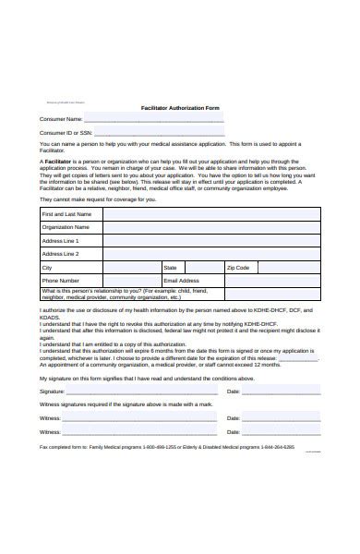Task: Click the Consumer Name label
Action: (60, 119)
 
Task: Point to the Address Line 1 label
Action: (61, 240)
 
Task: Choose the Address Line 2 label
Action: (61, 253)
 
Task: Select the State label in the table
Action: (170, 267)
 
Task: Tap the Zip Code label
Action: (238, 267)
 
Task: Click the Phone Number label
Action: (61, 280)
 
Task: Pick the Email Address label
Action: (181, 280)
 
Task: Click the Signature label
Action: (53, 391)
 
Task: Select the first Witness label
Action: (51, 418)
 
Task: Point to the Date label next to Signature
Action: (233, 391)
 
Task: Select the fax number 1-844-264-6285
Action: (277, 446)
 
